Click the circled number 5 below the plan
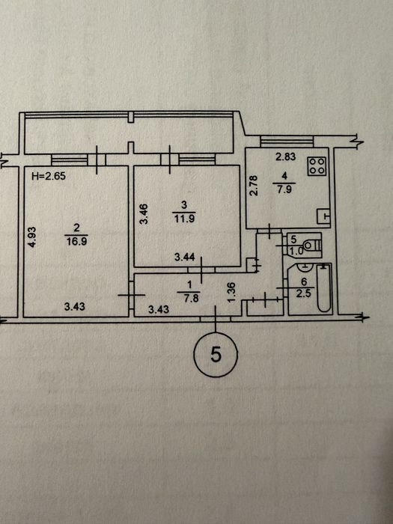click(216, 355)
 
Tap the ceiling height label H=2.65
click(49, 176)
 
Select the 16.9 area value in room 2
click(76, 241)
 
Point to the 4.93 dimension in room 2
click(31, 237)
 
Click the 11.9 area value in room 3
click(184, 219)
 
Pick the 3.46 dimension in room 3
click(144, 213)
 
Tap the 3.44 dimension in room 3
click(185, 257)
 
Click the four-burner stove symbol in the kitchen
click(317, 165)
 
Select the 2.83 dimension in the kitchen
click(286, 156)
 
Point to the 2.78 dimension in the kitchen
click(254, 186)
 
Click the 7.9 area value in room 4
click(284, 189)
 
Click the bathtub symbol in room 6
click(323, 287)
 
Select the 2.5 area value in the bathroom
click(304, 293)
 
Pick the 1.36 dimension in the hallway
click(231, 293)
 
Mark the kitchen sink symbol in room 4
click(323, 216)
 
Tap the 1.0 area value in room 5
click(296, 251)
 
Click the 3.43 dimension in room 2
click(75, 306)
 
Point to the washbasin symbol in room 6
click(304, 266)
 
